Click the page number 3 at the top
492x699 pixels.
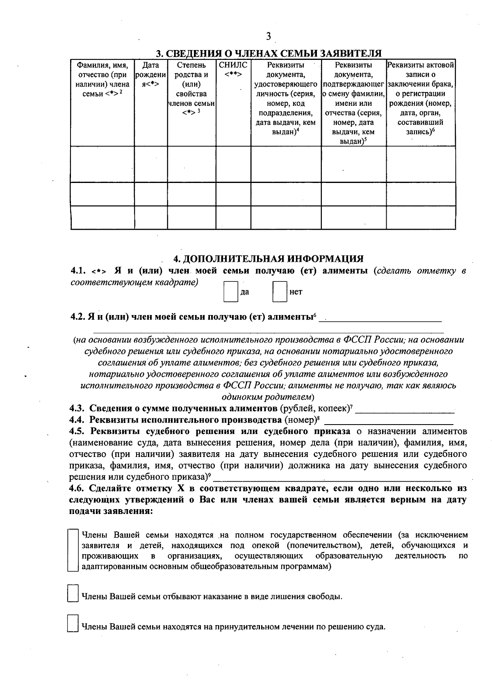268,37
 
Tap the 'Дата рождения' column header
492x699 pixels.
150,74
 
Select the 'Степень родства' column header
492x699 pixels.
191,89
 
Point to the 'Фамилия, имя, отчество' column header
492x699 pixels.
102,79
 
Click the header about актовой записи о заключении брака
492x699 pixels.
421,98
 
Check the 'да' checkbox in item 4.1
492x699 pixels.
231,292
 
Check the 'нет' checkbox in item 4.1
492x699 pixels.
280,292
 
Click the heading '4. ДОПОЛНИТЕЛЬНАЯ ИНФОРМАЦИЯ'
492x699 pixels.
268,259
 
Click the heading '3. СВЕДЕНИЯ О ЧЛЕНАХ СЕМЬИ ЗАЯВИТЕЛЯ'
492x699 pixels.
268,54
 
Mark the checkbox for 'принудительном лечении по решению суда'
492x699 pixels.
73,624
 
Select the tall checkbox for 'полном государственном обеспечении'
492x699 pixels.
73,550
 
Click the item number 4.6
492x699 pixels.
77,489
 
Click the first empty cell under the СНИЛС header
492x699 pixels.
233,164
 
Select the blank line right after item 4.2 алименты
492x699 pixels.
380,318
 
